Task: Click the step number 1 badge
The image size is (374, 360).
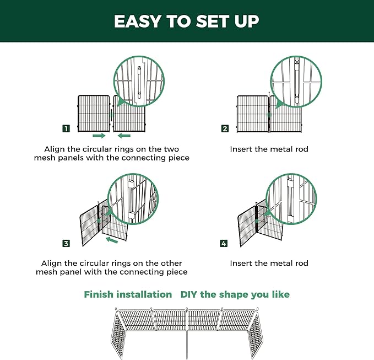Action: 66,129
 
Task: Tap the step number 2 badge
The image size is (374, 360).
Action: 225,129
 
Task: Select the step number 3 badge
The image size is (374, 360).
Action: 66,243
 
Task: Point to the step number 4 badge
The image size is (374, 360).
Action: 224,243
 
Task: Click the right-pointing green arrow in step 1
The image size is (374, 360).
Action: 99,135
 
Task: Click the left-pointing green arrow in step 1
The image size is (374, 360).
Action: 124,135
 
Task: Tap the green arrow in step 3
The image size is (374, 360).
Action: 112,240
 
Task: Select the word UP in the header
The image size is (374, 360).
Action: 246,22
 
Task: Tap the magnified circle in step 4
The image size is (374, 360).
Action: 291,199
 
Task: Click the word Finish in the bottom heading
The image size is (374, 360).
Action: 99,294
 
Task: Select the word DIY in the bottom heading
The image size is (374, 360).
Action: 189,294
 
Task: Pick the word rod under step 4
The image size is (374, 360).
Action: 301,264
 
